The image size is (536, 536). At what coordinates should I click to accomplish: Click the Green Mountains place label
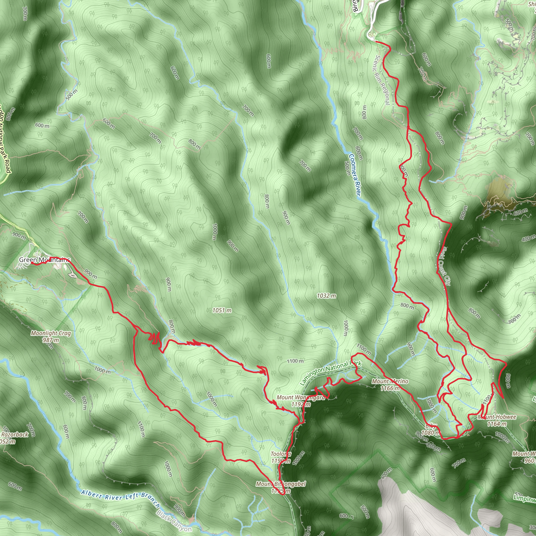[44, 260]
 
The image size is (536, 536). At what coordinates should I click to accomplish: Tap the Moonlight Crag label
[51, 333]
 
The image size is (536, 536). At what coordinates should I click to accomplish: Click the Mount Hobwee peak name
[497, 417]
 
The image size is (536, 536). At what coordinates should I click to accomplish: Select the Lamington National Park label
[331, 373]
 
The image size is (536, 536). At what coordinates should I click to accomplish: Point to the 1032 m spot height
[327, 296]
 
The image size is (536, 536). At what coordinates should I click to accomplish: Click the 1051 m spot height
[222, 310]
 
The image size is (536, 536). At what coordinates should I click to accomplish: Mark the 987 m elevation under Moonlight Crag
[51, 340]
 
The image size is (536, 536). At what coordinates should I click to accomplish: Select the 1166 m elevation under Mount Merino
[390, 388]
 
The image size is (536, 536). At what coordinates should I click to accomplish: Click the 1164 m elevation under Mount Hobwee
[497, 424]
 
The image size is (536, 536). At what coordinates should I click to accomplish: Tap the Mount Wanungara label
[300, 398]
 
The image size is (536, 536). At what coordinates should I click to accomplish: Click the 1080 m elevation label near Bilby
[430, 433]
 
